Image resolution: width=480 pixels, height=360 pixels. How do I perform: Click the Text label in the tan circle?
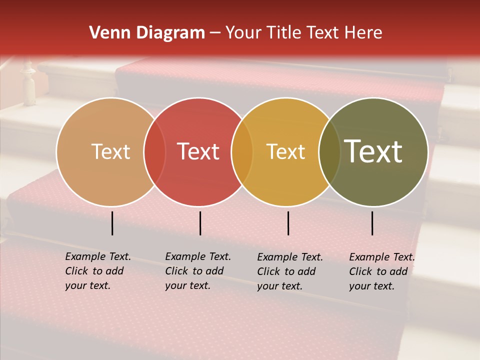tap(110, 151)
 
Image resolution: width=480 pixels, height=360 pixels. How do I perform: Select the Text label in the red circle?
tap(198, 151)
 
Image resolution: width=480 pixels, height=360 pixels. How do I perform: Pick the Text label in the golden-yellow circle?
tap(285, 151)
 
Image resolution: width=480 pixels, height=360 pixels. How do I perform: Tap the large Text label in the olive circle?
tap(373, 151)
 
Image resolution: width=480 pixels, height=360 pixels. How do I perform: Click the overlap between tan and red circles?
tap(154, 152)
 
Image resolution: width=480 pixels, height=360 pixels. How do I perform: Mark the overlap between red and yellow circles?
tap(242, 152)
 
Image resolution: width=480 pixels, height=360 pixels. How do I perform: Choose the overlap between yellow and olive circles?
tap(329, 152)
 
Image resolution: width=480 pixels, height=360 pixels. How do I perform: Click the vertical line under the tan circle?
tap(112, 223)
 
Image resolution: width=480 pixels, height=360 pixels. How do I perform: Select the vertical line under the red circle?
tap(200, 223)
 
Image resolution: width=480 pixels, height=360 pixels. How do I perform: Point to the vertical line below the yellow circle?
tap(288, 223)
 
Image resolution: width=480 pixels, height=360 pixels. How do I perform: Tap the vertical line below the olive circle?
tap(372, 223)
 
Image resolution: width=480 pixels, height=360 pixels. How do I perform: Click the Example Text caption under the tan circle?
tap(98, 271)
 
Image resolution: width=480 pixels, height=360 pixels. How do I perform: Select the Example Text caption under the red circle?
tap(198, 271)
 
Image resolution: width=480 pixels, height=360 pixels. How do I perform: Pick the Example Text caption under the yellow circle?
tap(290, 271)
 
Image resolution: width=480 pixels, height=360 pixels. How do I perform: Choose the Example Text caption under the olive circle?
tap(382, 271)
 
